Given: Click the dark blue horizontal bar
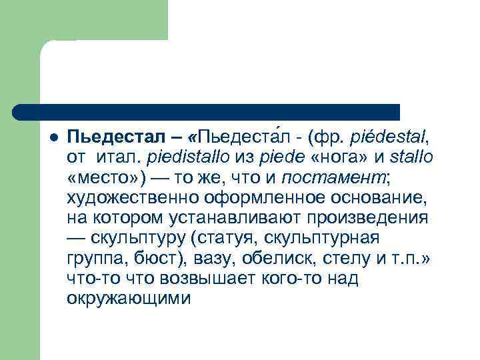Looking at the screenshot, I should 207,112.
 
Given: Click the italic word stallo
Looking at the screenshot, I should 413,158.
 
